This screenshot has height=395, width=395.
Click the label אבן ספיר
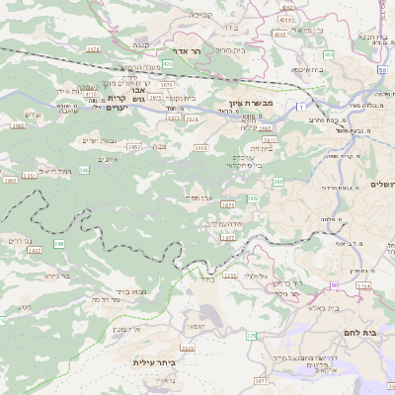tap(198, 197)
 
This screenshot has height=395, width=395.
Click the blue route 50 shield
tap(382, 71)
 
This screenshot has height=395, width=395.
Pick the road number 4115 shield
tap(286, 18)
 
